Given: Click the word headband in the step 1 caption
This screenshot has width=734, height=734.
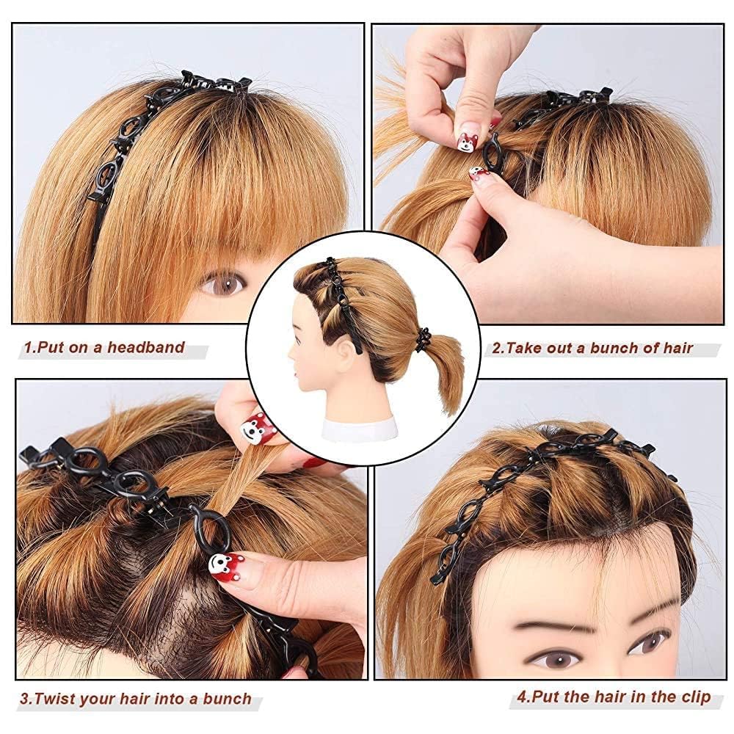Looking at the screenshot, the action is tap(146, 347).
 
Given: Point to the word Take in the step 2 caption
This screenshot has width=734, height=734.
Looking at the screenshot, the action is tap(527, 348).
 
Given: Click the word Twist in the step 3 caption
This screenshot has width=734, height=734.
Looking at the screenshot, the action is tap(54, 699).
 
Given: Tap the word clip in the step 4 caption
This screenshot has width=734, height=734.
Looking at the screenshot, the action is tap(694, 697).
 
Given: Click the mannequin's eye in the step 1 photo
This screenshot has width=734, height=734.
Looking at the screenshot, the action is tap(222, 283).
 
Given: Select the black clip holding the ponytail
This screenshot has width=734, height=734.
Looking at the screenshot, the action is tap(422, 336).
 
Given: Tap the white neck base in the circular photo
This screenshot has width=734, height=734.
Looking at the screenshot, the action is tap(359, 429).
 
